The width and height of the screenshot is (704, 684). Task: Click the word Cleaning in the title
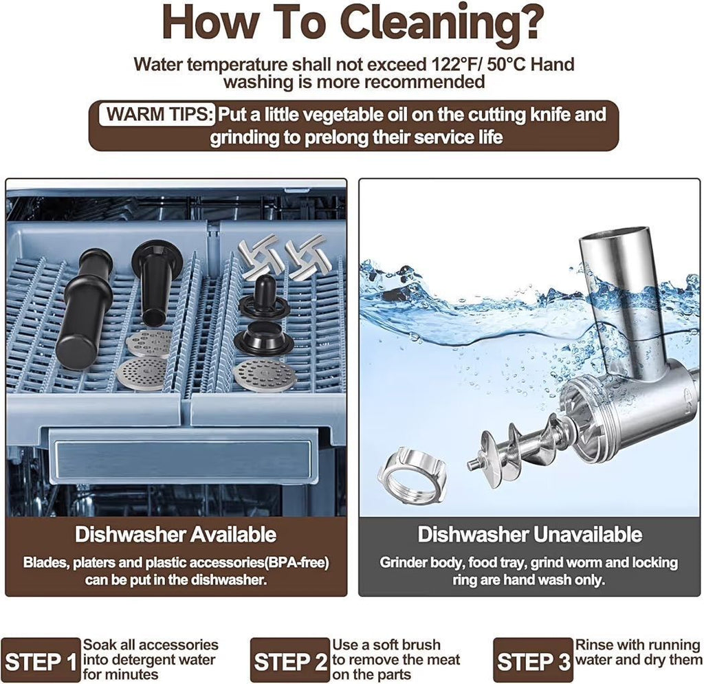440,23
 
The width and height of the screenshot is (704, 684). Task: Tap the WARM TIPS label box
158,115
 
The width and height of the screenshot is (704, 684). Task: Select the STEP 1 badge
41,661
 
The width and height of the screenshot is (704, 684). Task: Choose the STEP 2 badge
290,661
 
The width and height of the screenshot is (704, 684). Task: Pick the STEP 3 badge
533,661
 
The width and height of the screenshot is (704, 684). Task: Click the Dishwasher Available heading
175,534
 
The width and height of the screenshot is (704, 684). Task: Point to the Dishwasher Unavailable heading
530,534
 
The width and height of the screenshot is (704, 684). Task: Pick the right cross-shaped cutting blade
305,252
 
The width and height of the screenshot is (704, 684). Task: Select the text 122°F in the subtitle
456,64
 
